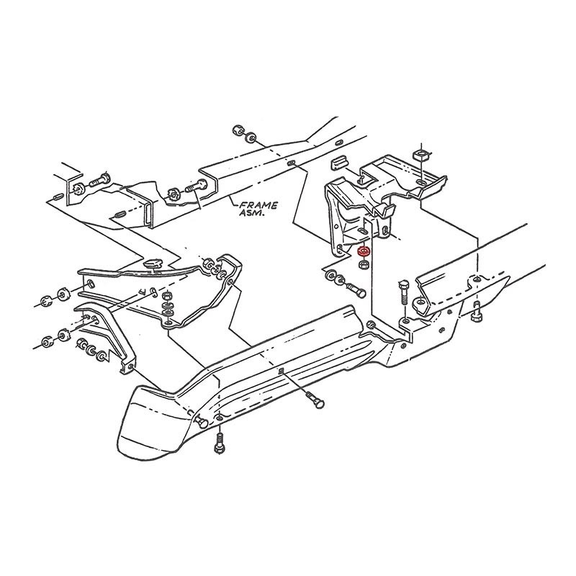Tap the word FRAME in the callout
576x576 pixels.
(x=258, y=205)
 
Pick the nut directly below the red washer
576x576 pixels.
(x=363, y=264)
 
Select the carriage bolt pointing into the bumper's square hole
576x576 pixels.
(x=315, y=400)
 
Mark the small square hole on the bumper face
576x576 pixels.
(x=281, y=370)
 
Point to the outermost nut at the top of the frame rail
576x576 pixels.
(x=238, y=131)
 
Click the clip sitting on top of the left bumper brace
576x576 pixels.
(x=153, y=264)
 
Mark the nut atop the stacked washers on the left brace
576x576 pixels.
(x=168, y=295)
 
